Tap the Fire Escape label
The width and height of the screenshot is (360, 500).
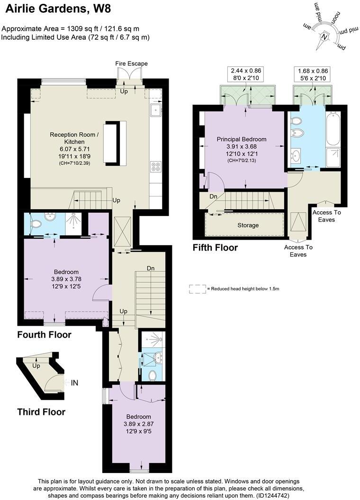pos(131,63)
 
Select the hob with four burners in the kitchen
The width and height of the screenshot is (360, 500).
pos(155,166)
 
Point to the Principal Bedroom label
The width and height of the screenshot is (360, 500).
pos(242,139)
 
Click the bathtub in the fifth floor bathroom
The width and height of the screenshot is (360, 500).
pos(333,128)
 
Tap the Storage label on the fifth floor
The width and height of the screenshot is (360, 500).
pos(248,225)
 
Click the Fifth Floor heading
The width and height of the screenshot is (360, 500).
pos(215,248)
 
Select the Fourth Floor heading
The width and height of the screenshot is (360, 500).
pos(44,335)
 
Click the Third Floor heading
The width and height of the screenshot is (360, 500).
pos(41,411)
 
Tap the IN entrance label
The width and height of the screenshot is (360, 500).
pos(74,383)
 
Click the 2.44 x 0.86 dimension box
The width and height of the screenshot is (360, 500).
pos(246,74)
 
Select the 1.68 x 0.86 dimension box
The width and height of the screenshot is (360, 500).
pos(312,74)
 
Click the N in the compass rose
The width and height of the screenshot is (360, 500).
pos(324,37)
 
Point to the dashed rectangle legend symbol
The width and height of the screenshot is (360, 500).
pos(195,288)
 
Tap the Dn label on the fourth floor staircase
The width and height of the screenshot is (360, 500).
pos(151,268)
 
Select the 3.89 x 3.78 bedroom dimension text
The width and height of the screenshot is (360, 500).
pos(66,279)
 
